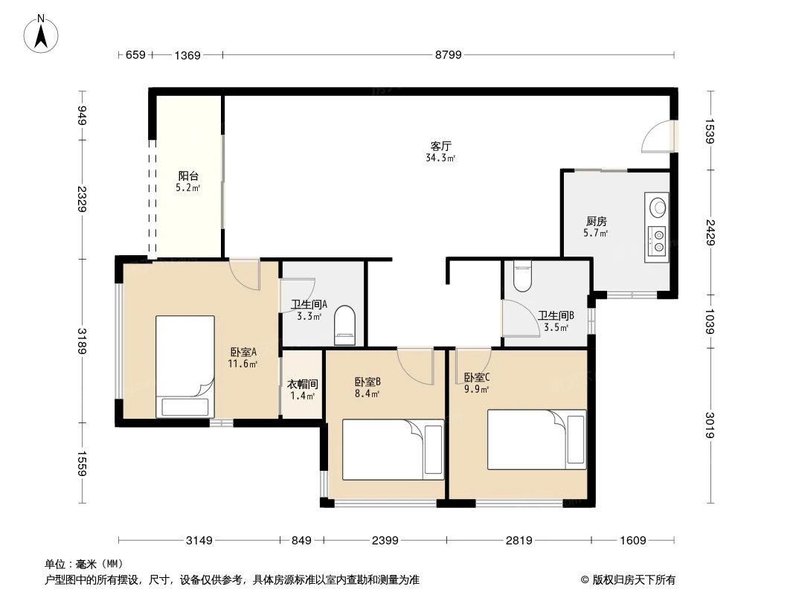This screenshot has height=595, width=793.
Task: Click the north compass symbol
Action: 42,33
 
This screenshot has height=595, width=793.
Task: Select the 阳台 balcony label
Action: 188,176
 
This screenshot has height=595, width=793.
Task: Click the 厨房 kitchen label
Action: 597,221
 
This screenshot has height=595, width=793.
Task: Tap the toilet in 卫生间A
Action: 346,327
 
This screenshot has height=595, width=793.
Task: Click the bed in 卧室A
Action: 184,366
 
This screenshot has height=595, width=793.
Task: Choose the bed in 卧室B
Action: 393,448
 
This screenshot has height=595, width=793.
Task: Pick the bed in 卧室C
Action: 536,439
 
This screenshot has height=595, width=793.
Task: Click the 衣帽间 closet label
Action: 303,385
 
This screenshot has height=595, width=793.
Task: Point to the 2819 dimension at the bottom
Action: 518,541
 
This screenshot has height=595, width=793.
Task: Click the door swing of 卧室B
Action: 414,364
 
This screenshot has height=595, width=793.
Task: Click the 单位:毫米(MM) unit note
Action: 84,564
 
